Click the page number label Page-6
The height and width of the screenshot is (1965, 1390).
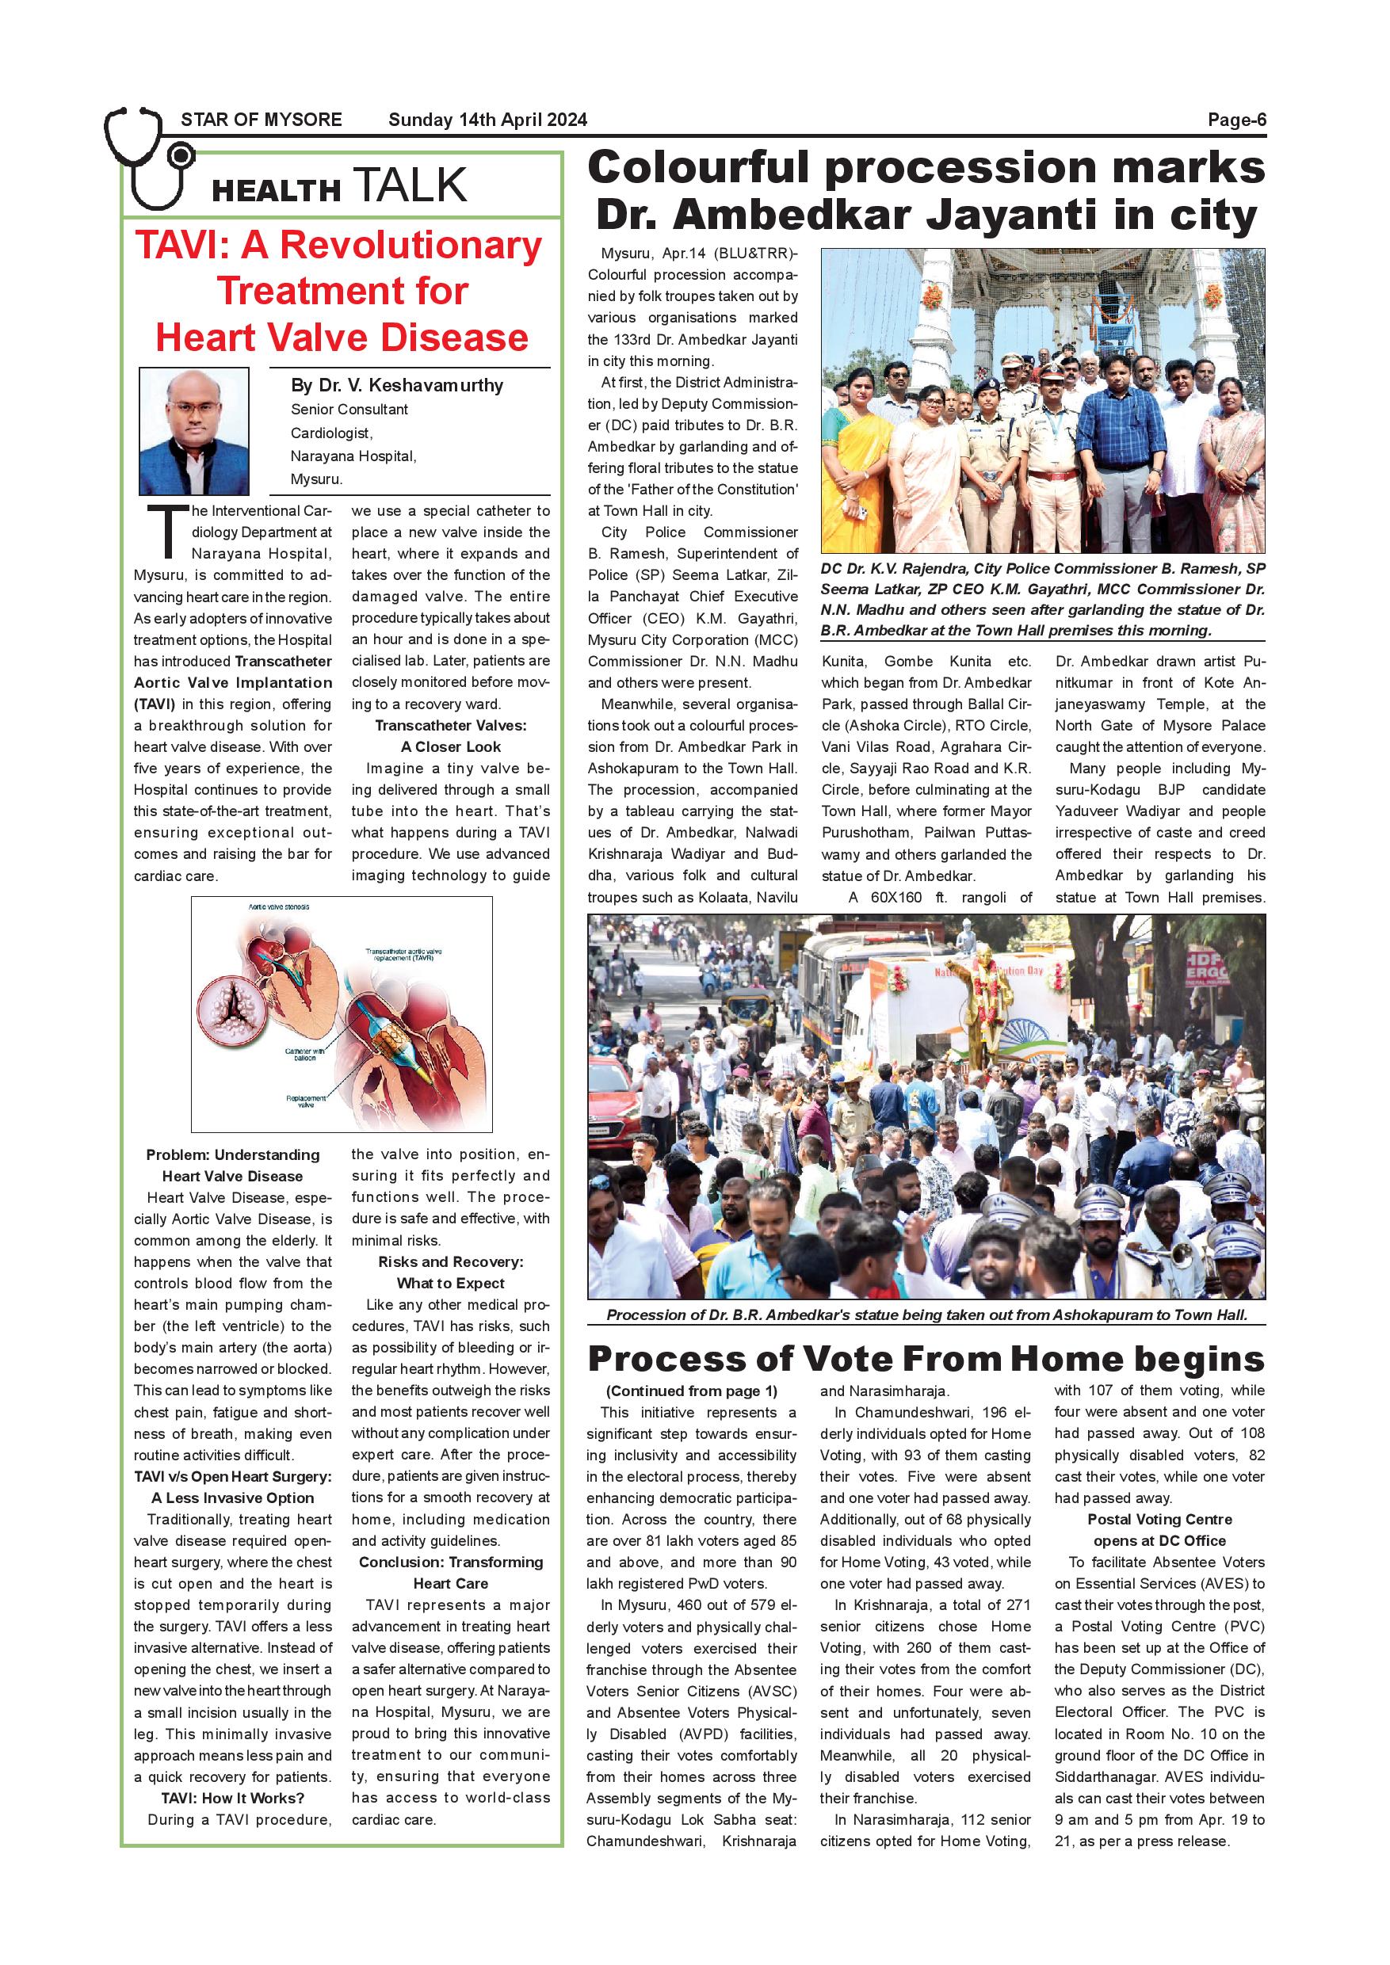(x=1236, y=120)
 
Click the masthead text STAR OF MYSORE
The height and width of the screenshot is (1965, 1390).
(x=261, y=120)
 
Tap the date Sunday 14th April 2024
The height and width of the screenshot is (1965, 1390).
(x=487, y=120)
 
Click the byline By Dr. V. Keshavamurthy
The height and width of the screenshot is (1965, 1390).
(x=397, y=385)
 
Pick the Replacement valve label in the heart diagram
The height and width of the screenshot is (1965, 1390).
(x=306, y=1101)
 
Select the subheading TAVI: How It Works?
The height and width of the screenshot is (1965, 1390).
(x=233, y=1797)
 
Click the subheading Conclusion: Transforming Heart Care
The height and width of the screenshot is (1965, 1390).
(x=451, y=1572)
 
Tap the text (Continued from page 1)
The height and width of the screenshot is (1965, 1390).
(x=692, y=1391)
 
